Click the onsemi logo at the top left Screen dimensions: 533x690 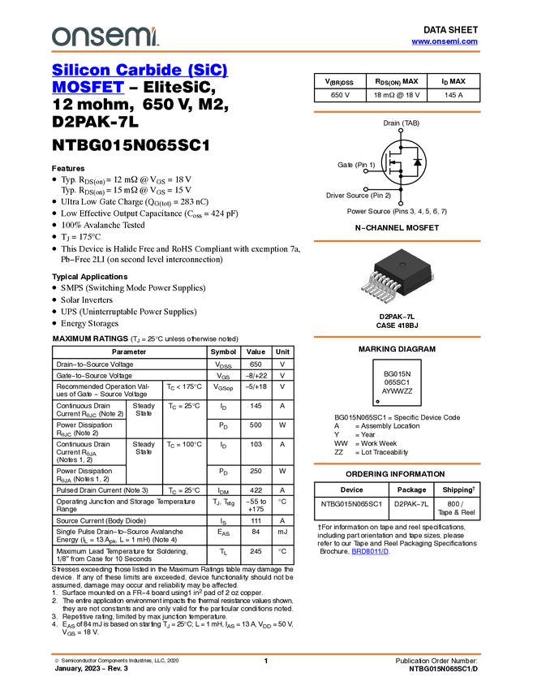[x=105, y=37]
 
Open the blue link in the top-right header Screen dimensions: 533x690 [x=445, y=41]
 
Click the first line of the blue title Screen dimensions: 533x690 [x=140, y=70]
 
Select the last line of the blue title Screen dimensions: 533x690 [x=87, y=92]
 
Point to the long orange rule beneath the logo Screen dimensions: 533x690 [x=265, y=52]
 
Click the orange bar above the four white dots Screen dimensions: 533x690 [x=397, y=112]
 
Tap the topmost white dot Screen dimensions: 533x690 [x=401, y=130]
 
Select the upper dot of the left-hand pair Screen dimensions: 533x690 [x=366, y=171]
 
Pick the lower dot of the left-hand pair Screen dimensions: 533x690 [x=366, y=189]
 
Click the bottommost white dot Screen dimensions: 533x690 [x=401, y=203]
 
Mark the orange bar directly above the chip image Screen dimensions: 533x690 [x=397, y=241]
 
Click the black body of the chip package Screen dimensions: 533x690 [x=402, y=265]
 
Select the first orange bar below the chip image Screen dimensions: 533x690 [x=397, y=336]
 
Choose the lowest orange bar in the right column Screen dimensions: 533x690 [x=397, y=464]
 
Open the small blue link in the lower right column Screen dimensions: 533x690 [x=370, y=551]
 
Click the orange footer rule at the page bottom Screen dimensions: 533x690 [x=265, y=653]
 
